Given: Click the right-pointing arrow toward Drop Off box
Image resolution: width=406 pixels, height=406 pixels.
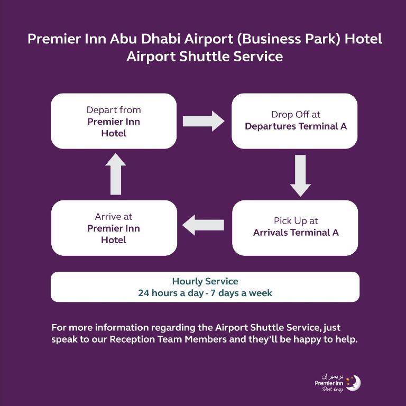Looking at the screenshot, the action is click(204, 121).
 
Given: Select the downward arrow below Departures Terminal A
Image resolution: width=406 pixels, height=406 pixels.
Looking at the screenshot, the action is click(300, 176).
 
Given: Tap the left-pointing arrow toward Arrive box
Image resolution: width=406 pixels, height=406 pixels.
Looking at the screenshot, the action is click(203, 225).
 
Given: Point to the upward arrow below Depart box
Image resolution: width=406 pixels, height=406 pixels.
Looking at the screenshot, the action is click(116, 174).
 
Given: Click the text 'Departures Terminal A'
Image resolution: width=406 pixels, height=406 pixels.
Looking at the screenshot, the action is click(296, 126).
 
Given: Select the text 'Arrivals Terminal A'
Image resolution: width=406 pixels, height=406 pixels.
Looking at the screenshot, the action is click(296, 232).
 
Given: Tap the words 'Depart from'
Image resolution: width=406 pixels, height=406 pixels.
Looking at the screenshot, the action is click(114, 110).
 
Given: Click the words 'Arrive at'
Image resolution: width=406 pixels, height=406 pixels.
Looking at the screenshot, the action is click(114, 216).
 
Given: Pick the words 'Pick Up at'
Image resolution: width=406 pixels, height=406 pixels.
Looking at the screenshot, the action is click(296, 221).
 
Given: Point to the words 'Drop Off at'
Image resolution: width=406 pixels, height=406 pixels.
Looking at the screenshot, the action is click(296, 114).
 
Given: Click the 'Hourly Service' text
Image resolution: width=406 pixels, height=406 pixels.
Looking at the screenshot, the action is click(205, 281).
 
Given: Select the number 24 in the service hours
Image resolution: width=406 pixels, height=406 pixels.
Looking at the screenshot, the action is click(143, 293).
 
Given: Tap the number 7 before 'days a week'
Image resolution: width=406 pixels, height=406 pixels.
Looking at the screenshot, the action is click(213, 293).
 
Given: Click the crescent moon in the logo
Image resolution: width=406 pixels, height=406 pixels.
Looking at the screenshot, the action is click(355, 383).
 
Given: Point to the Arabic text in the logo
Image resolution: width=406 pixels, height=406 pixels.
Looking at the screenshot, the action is click(333, 376).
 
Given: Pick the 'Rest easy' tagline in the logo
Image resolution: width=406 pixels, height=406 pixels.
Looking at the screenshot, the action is click(333, 389).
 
